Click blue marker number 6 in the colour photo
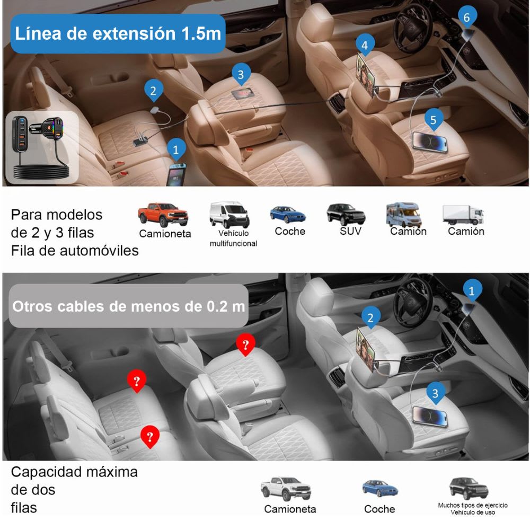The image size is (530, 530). [466, 17]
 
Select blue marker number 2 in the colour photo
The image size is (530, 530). [153, 91]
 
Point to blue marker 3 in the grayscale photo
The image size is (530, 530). [435, 393]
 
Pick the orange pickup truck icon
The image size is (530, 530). [162, 214]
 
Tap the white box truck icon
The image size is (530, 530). [463, 214]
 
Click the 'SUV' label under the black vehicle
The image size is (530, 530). [350, 231]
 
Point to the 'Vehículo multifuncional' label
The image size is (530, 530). [233, 238]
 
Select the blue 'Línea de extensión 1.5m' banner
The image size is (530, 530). [118, 33]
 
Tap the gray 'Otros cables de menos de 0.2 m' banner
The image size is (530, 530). [128, 306]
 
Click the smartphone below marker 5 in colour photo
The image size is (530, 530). [430, 142]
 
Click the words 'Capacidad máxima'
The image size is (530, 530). [74, 472]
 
